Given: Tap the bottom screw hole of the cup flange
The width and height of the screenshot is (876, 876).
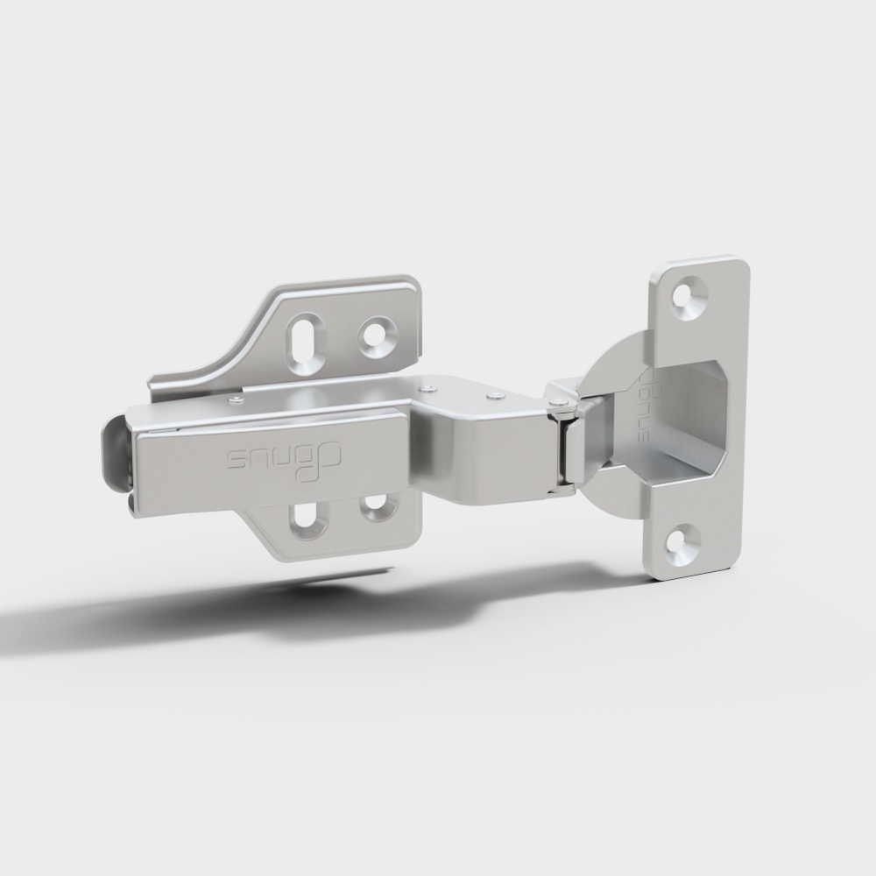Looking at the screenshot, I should click(683, 541).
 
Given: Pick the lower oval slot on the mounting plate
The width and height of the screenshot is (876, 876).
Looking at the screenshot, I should click(307, 519).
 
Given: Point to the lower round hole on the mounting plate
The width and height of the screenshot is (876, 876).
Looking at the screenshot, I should click(378, 505).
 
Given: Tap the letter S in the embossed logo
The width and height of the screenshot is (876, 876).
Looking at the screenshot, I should click(238, 460).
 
